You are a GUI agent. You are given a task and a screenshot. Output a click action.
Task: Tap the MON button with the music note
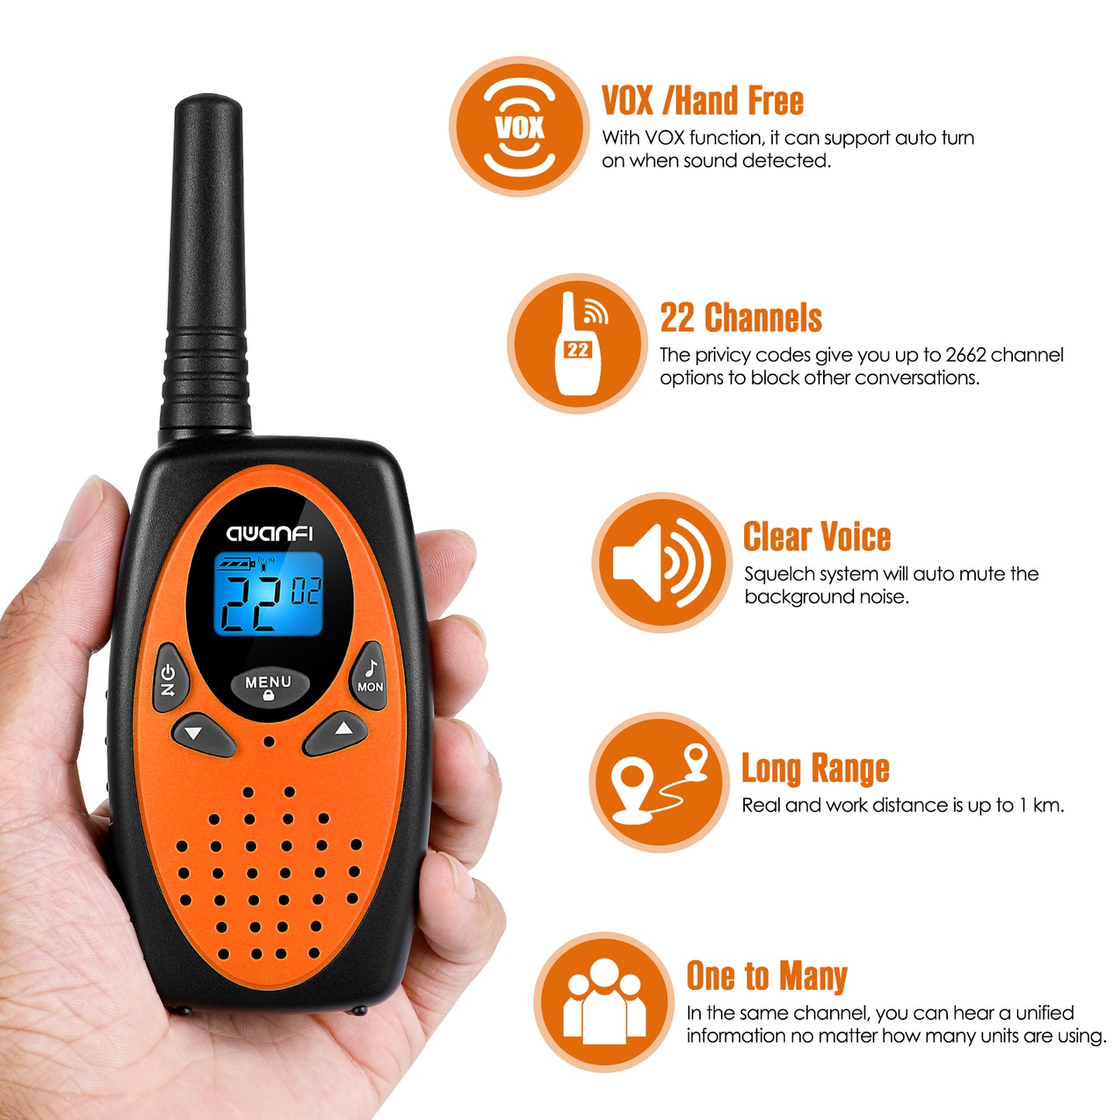(369, 676)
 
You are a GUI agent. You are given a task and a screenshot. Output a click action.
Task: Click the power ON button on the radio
(170, 677)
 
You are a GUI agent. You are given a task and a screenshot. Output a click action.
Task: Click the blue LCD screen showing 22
(268, 593)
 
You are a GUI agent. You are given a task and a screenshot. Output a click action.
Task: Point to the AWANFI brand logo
(269, 533)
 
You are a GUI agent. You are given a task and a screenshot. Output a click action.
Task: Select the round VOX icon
(519, 126)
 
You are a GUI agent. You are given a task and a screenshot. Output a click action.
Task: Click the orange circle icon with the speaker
(662, 563)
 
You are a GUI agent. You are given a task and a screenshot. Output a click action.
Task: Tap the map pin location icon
(659, 782)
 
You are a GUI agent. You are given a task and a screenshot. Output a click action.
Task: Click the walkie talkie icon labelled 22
(577, 343)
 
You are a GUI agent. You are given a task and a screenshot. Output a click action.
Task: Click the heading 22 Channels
(741, 318)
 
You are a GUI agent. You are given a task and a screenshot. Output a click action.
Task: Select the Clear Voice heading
(817, 536)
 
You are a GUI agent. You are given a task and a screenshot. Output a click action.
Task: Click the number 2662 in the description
(964, 354)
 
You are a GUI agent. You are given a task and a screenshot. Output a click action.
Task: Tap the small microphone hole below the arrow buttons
(268, 742)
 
